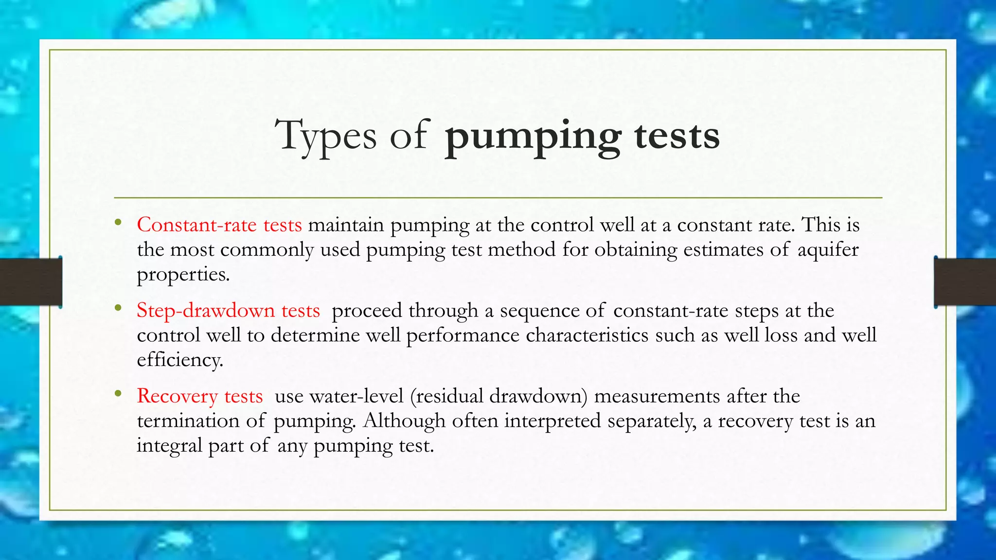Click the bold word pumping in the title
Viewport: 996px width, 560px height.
pos(533,137)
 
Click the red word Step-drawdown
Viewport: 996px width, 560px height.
pos(206,311)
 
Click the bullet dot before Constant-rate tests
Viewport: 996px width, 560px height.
pos(118,223)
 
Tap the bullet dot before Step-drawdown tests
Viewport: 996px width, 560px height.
pos(118,308)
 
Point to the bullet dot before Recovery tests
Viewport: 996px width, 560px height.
pos(118,394)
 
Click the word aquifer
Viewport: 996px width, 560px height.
pos(828,250)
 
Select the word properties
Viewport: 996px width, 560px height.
pos(183,275)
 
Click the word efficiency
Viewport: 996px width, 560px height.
pos(180,360)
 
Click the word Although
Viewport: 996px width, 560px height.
pos(404,421)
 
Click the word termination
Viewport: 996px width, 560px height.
pos(188,421)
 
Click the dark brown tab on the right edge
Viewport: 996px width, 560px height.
pos(965,282)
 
